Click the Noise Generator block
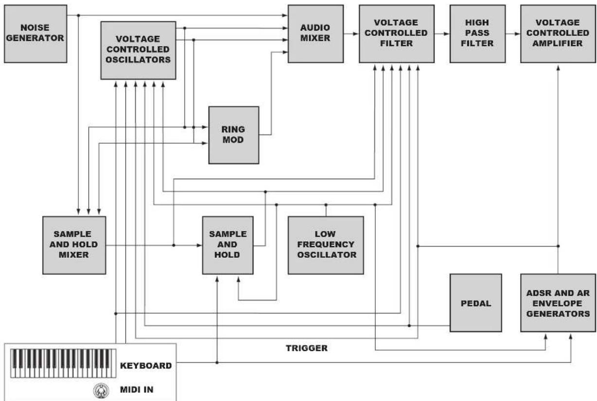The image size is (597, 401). (x=35, y=34)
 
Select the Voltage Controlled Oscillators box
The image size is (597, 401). (x=139, y=50)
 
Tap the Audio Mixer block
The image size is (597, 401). (x=316, y=34)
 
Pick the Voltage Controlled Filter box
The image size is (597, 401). (x=397, y=34)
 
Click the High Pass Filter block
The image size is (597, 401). (x=477, y=34)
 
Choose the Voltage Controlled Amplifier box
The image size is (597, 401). (x=558, y=34)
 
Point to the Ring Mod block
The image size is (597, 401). (x=234, y=135)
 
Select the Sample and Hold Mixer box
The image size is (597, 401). (x=74, y=245)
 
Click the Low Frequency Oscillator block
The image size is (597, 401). (x=326, y=245)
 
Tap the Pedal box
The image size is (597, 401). (x=476, y=303)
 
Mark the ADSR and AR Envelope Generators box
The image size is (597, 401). (x=558, y=303)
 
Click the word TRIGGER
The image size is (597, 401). (x=306, y=348)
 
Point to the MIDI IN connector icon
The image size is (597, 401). (x=101, y=391)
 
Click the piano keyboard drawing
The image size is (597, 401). (x=63, y=363)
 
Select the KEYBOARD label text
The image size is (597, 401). (x=146, y=366)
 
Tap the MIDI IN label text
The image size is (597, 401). (x=137, y=389)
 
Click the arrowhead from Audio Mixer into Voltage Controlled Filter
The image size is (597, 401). (x=355, y=34)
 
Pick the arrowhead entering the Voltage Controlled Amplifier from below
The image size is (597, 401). (x=558, y=68)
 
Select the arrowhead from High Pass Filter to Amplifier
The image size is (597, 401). (x=517, y=34)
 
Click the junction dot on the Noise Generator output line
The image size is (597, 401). (x=78, y=16)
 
